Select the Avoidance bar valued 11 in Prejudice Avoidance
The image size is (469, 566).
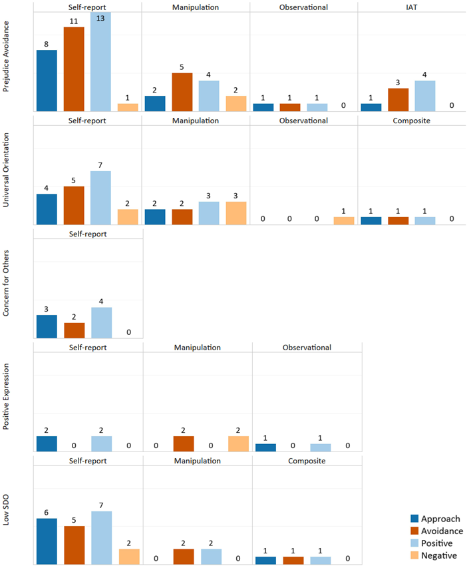74,69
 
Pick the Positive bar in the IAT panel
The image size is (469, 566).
424,96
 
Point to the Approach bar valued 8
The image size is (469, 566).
47,81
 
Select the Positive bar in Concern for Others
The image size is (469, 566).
101,322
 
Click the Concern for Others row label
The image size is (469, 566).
7,284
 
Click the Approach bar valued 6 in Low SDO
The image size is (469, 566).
47,541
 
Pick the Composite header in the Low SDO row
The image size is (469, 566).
306,461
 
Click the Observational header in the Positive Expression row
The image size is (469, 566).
306,348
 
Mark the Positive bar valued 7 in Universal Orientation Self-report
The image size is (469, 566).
100,198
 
